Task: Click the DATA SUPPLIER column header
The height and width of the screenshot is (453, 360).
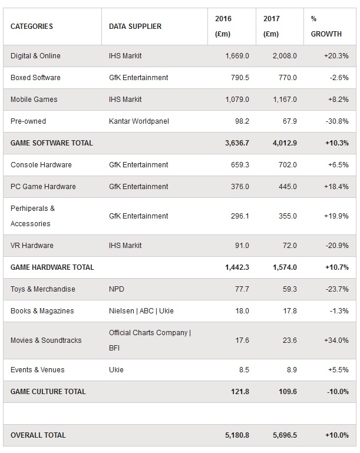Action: pos(135,27)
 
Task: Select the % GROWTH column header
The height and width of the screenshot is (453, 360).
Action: pos(326,27)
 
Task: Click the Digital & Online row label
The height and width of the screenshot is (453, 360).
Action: pos(35,56)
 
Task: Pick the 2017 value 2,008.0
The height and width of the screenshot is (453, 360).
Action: pos(285,56)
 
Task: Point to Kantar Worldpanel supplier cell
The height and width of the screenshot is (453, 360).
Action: pos(138,121)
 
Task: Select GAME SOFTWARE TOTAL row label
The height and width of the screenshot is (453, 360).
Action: pos(52,143)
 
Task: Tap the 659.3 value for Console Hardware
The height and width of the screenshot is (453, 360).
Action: pos(240,165)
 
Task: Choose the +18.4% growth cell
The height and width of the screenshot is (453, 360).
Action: pos(336,187)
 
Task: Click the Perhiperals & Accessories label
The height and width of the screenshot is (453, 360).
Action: pos(32,216)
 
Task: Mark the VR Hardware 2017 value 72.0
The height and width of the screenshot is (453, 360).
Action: pos(289,246)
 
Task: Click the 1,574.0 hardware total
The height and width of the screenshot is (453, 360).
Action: pos(285,267)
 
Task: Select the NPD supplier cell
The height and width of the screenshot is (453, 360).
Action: pos(117,289)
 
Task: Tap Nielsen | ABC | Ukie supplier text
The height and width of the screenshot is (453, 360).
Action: pos(141,311)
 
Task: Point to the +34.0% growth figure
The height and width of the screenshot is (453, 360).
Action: pos(336,340)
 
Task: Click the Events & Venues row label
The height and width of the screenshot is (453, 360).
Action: pos(38,370)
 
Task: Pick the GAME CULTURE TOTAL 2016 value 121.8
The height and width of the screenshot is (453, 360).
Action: pos(240,392)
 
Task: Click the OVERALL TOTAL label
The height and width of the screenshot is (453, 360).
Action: pos(38,435)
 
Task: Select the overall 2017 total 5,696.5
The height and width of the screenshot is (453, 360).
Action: pos(285,435)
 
